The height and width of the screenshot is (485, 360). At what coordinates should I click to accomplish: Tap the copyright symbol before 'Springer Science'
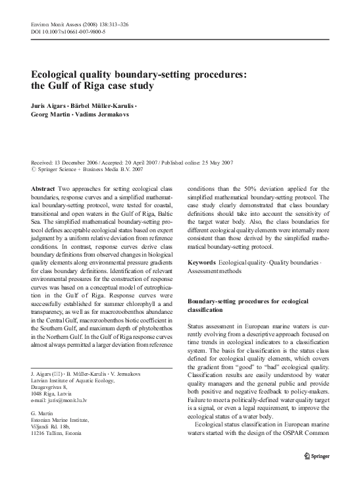(x=34, y=170)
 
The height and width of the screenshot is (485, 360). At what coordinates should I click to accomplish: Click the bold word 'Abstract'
(x=43, y=188)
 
